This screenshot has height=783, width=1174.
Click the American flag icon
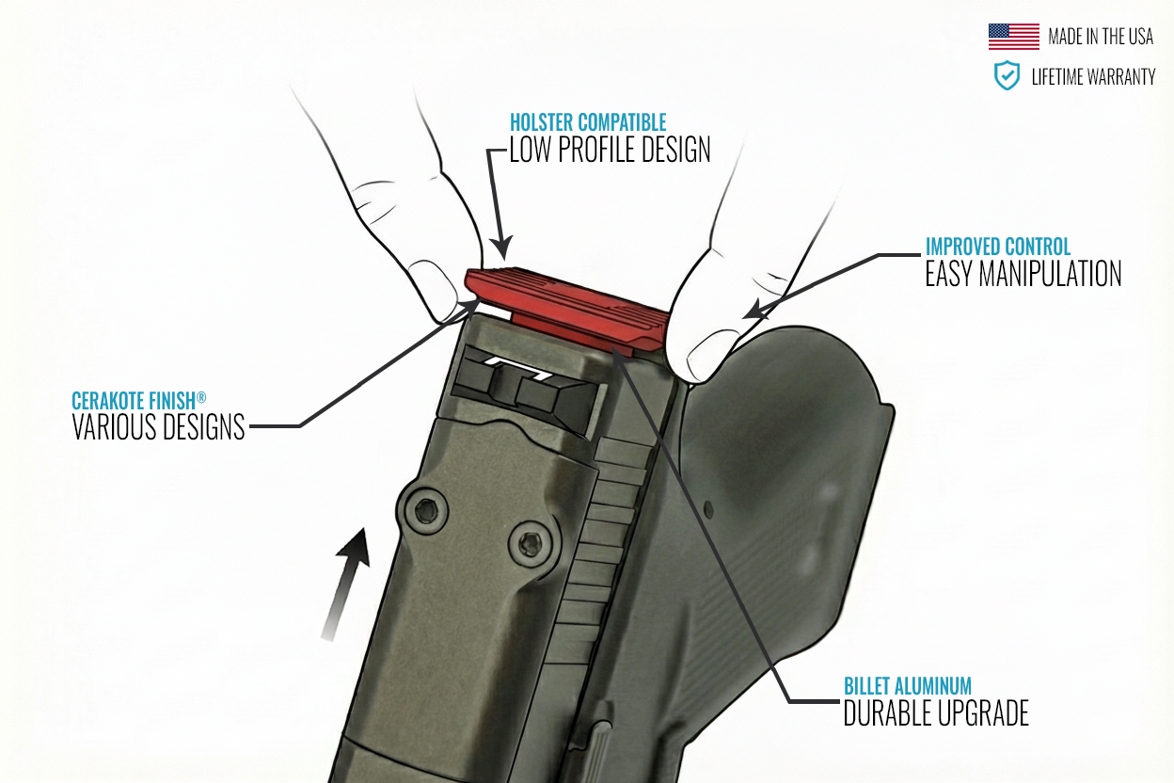1013,37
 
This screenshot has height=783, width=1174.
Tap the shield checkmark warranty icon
1007,76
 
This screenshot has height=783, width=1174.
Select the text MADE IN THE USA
1101,38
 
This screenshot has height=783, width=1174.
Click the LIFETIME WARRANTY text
1093,77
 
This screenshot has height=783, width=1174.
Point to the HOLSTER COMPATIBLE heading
588,122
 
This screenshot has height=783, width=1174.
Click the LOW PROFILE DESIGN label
610,150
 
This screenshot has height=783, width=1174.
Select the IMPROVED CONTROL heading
998,247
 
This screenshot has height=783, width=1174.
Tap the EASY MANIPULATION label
1023,274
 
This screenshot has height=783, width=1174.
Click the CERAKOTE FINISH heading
133,401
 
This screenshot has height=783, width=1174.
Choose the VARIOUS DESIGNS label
158,428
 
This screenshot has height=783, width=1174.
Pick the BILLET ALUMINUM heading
907,685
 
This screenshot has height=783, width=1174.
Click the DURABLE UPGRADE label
936,713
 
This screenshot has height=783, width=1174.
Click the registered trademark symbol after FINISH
200,397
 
